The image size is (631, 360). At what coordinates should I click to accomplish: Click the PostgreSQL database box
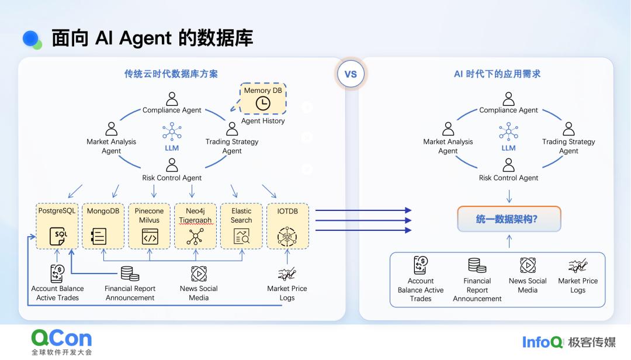(57, 226)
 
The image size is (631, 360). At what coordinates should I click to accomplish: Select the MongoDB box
(103, 226)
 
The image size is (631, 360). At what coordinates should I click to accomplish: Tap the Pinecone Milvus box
(149, 226)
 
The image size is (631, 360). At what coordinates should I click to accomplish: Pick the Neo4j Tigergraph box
(195, 226)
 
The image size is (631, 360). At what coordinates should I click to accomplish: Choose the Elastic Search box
(241, 226)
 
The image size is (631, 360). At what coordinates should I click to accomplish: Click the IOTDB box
(287, 226)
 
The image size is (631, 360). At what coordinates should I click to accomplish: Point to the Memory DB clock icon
(263, 103)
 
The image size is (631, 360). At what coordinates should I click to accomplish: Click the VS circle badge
(351, 74)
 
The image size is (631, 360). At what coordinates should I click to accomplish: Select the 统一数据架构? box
(509, 219)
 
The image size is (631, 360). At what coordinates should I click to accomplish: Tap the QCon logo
(61, 338)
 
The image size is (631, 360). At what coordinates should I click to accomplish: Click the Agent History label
(263, 121)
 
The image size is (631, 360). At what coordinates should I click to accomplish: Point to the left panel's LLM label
(172, 148)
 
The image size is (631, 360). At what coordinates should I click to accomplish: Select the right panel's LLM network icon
(509, 132)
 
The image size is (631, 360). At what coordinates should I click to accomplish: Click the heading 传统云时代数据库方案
(171, 74)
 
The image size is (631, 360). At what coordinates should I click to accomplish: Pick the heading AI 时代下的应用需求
(497, 74)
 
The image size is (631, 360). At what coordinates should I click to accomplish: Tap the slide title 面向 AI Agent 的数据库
(152, 38)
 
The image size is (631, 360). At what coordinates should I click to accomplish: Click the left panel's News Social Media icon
(199, 274)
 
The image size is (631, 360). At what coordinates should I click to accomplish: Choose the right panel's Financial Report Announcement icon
(477, 266)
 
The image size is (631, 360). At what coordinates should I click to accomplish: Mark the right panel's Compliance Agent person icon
(509, 98)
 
